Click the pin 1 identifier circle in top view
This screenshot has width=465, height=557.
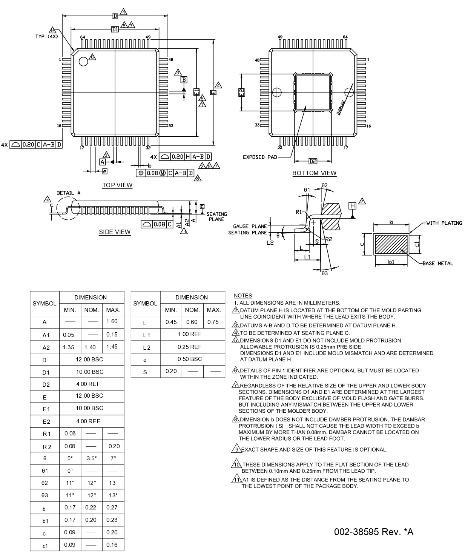(x=83, y=61)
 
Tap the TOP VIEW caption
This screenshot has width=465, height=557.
(x=117, y=185)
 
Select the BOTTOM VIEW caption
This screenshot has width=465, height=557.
(x=314, y=173)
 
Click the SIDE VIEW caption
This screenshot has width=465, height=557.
(x=115, y=232)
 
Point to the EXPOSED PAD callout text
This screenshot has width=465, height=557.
(x=259, y=157)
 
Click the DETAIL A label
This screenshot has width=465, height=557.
(x=69, y=193)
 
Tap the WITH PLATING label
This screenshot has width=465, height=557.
(x=444, y=223)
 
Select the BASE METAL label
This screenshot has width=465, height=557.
(x=437, y=263)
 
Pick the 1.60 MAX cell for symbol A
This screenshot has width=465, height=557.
(x=112, y=321)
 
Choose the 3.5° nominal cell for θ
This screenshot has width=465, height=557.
(x=91, y=458)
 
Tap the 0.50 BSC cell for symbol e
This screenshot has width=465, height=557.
(x=192, y=359)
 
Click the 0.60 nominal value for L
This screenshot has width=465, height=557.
(x=192, y=322)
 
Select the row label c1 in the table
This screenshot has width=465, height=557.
(x=45, y=545)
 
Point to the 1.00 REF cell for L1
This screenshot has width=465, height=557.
(x=192, y=335)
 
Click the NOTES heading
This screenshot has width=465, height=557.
(x=243, y=296)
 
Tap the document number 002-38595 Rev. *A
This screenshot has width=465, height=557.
(x=373, y=532)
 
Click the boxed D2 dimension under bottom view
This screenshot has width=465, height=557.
(x=313, y=161)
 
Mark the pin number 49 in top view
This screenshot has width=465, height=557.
(x=148, y=37)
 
